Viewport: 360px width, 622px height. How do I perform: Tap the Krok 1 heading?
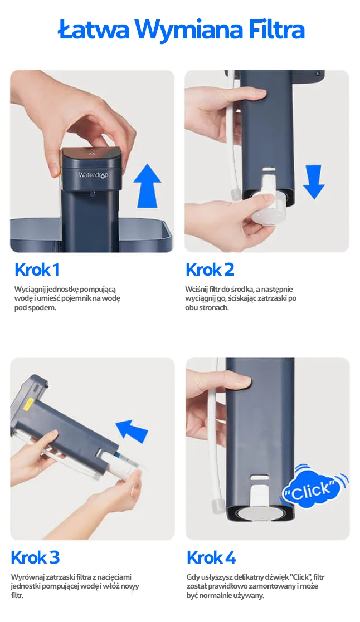[37, 270]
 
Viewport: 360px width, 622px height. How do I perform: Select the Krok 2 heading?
[210, 270]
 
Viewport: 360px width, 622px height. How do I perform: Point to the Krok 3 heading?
[35, 557]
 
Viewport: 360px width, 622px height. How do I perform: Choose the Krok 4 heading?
[211, 557]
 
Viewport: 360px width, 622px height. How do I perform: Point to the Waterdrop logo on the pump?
[94, 175]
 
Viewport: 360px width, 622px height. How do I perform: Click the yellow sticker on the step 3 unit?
[28, 406]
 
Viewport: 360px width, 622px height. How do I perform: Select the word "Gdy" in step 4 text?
[193, 577]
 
